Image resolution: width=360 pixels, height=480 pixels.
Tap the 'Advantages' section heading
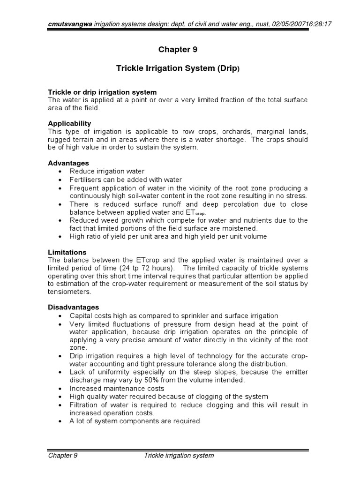coord(68,163)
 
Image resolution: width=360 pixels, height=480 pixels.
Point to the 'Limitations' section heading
coord(67,252)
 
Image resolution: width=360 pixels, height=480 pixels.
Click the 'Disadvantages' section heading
coord(73,307)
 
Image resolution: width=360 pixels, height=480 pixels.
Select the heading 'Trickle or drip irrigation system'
coord(102,92)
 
